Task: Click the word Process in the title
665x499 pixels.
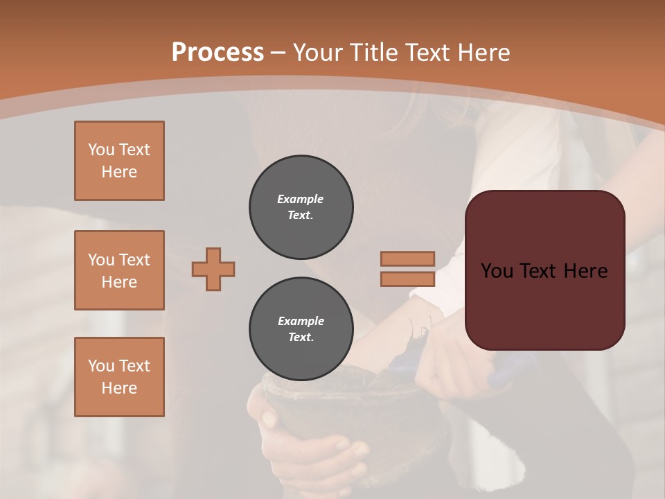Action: tap(218, 52)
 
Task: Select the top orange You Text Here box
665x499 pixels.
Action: tap(119, 161)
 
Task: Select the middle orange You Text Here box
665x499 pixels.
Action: tap(119, 270)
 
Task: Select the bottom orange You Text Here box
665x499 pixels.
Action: tap(119, 377)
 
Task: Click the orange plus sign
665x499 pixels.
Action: tap(213, 269)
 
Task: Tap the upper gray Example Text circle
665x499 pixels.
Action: tap(301, 207)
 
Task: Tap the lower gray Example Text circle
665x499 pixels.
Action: tap(301, 329)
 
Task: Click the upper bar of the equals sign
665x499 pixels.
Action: tap(407, 259)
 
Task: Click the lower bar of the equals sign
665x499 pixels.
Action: tap(407, 279)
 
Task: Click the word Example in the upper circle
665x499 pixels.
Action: tap(301, 199)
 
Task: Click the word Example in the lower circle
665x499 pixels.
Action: tap(301, 321)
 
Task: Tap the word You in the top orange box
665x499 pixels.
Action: tap(101, 150)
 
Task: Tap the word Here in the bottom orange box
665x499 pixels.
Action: tap(119, 388)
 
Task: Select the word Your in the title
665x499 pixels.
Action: tap(321, 52)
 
